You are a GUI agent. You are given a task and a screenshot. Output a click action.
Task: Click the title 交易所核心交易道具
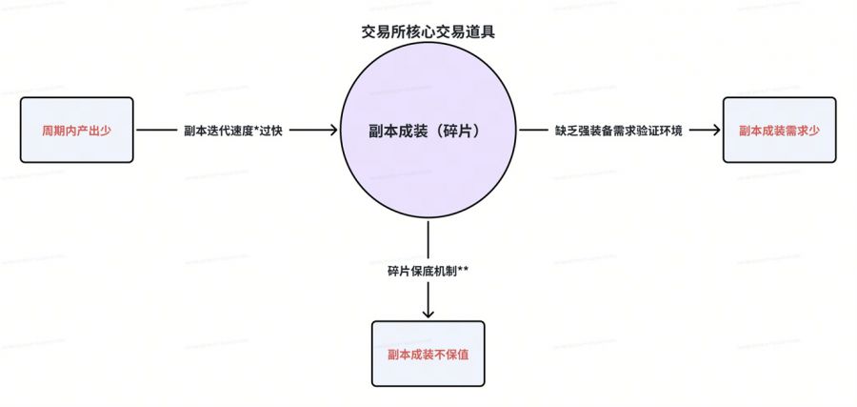(428, 31)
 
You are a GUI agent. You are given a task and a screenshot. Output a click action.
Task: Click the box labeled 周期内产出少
(76, 130)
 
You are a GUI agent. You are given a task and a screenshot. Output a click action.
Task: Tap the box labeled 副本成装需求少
(779, 130)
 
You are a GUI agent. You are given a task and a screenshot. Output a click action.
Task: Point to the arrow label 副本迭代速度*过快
(233, 131)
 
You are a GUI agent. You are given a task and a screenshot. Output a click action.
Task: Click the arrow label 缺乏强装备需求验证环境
(618, 131)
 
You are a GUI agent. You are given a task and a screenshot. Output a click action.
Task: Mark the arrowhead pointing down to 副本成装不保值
(428, 312)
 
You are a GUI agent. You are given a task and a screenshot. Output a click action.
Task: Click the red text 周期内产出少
(76, 130)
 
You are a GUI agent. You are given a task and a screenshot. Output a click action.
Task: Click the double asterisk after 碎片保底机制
(463, 269)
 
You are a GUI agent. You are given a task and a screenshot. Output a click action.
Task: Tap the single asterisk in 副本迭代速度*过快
(254, 129)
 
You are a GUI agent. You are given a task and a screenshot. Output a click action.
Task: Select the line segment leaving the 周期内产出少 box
(156, 131)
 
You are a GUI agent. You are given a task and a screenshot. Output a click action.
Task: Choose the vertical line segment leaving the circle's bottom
(428, 238)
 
